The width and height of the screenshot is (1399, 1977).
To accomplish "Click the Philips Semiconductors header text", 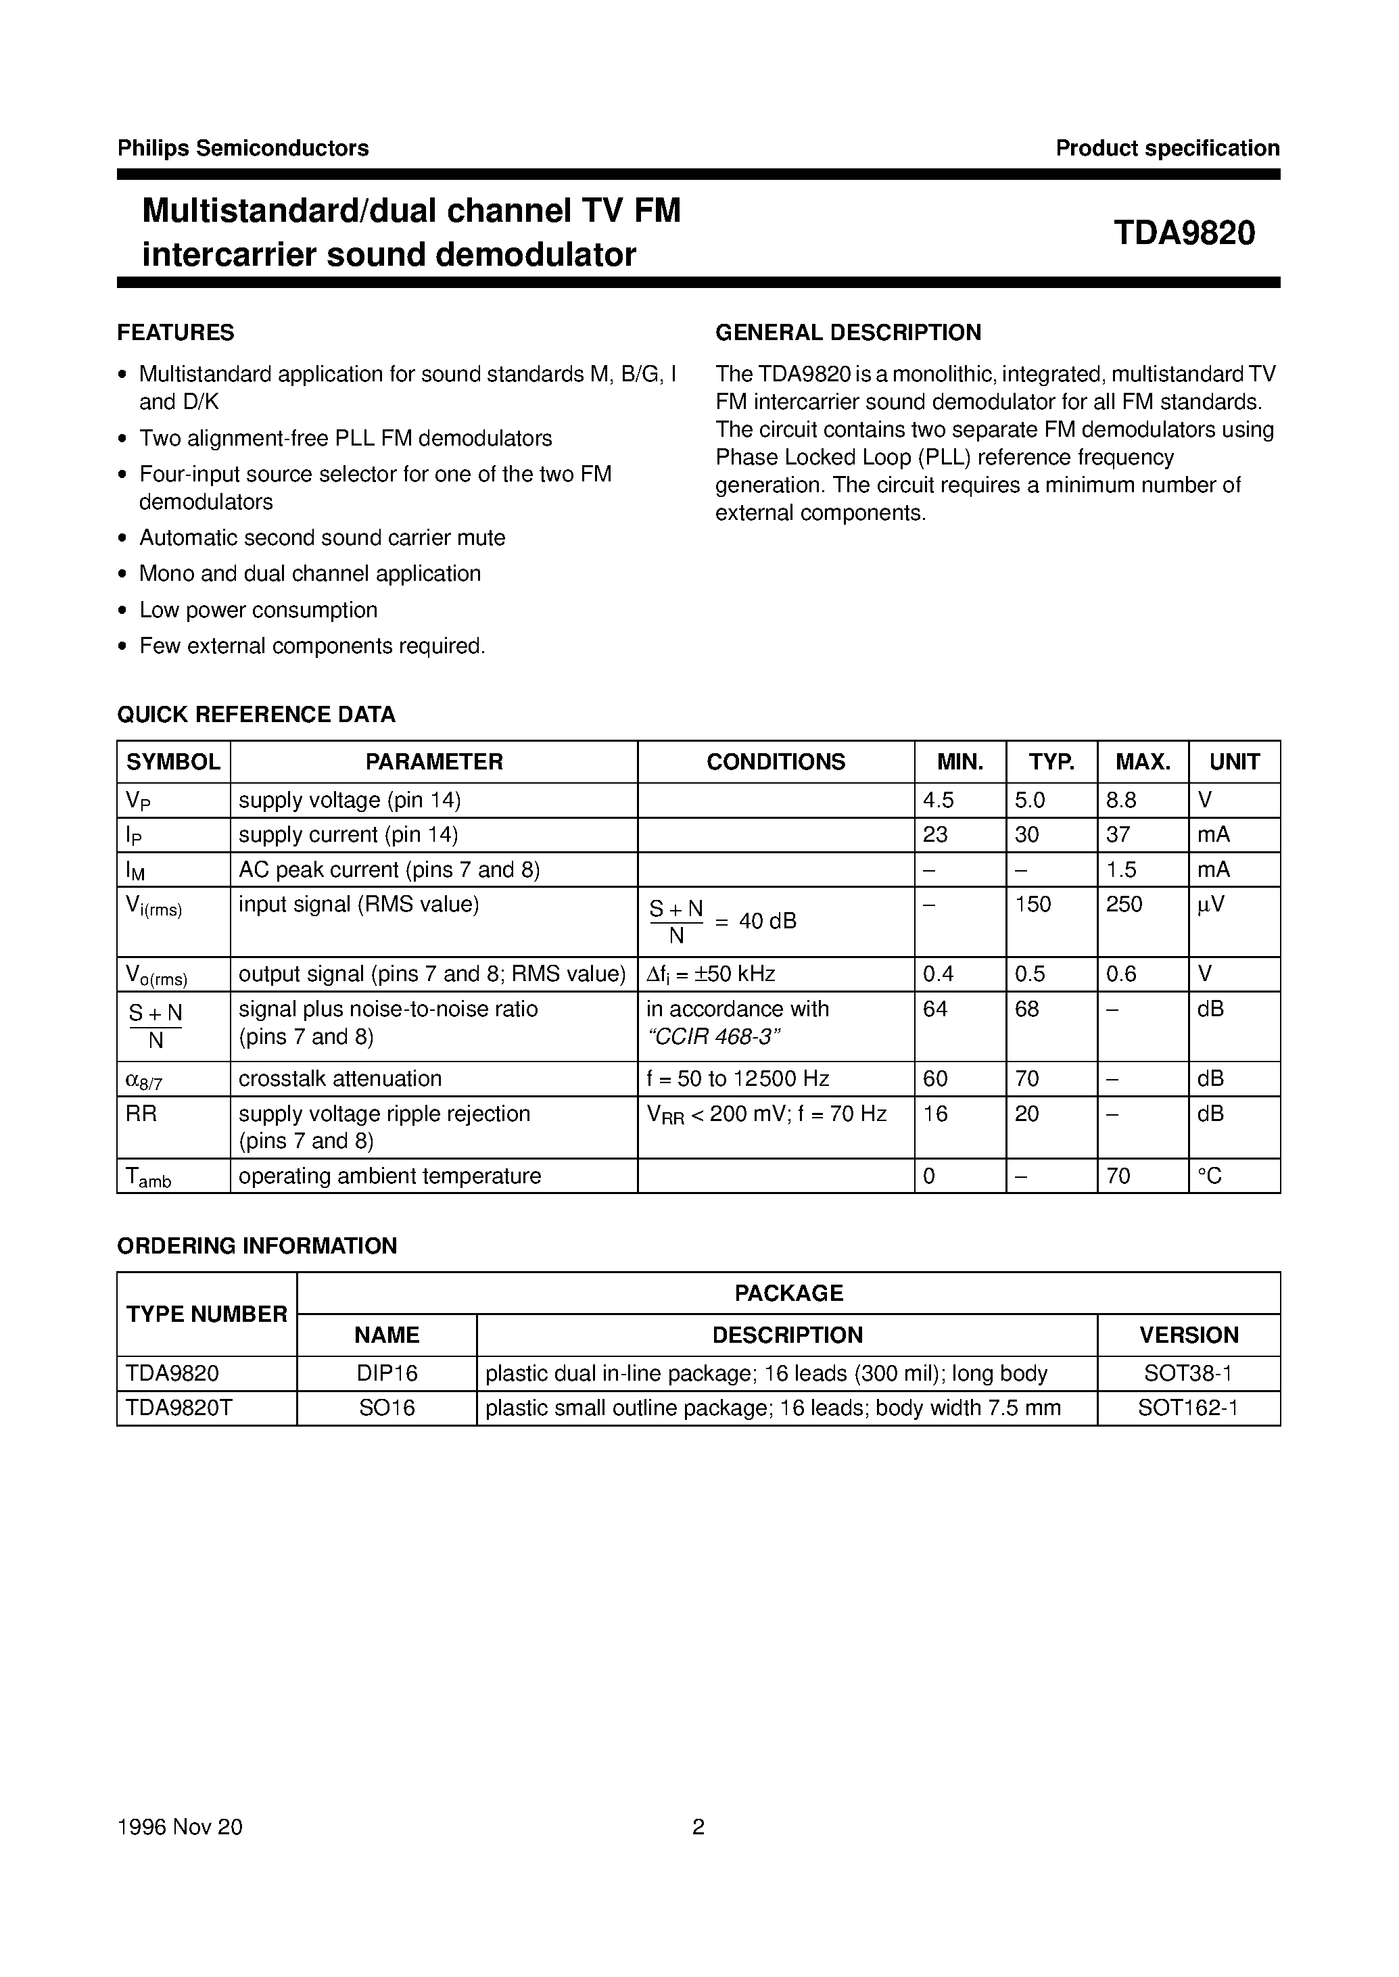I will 243,148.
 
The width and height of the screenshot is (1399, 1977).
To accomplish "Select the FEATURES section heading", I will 176,333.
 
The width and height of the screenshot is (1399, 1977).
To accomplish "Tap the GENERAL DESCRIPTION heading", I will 848,333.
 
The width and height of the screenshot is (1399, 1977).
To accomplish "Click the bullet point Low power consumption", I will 258,610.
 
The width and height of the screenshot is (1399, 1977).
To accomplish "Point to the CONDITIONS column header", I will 776,761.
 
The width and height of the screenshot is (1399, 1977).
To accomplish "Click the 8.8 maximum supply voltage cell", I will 1122,801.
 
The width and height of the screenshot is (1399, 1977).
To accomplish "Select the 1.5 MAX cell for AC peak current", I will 1122,870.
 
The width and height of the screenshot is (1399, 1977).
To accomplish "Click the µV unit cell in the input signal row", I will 1210,905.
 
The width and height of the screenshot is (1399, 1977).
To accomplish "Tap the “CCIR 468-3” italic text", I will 713,1037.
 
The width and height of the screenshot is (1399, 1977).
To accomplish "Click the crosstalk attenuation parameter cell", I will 339,1078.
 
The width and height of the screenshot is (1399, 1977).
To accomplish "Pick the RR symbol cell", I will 142,1114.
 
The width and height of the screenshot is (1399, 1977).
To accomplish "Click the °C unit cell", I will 1210,1176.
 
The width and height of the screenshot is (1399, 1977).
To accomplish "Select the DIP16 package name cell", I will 387,1373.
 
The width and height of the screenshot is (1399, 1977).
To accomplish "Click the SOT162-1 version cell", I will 1188,1408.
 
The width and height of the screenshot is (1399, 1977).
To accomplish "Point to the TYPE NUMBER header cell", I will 207,1314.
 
